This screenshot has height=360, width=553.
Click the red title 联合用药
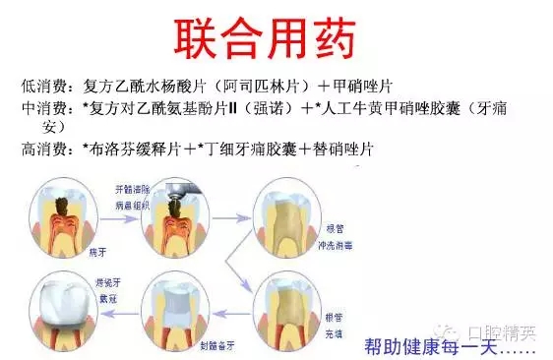coord(276,37)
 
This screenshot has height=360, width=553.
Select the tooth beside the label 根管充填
coord(284,306)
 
